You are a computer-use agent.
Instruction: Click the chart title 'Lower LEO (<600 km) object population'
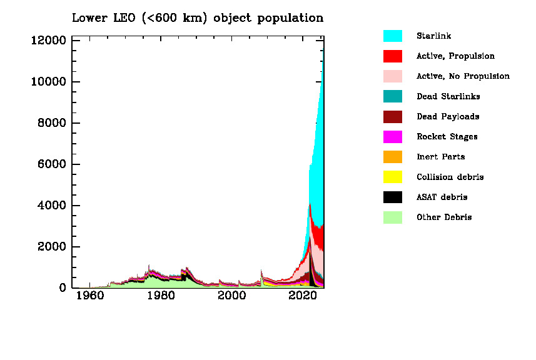coord(198,18)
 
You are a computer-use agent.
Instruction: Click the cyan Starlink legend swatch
coord(393,36)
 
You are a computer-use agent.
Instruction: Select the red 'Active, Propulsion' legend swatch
coord(393,56)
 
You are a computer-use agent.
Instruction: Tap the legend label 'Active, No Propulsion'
coord(463,76)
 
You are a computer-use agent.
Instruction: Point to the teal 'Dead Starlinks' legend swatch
coord(393,96)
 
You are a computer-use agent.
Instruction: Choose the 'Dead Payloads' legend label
coord(448,117)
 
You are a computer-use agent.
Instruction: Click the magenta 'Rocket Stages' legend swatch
coord(393,137)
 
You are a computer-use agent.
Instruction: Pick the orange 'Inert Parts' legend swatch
coord(393,157)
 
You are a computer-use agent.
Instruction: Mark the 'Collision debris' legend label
coord(450,177)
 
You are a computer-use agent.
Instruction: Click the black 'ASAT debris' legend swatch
coord(393,197)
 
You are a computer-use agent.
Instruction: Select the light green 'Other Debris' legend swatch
coord(393,217)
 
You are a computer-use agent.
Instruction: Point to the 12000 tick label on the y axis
coord(48,41)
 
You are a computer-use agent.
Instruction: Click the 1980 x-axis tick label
coord(161,296)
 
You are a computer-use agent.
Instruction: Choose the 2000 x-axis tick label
coord(233,296)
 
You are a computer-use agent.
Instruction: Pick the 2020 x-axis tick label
coord(305,296)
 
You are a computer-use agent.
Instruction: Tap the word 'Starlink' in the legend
coord(433,36)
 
